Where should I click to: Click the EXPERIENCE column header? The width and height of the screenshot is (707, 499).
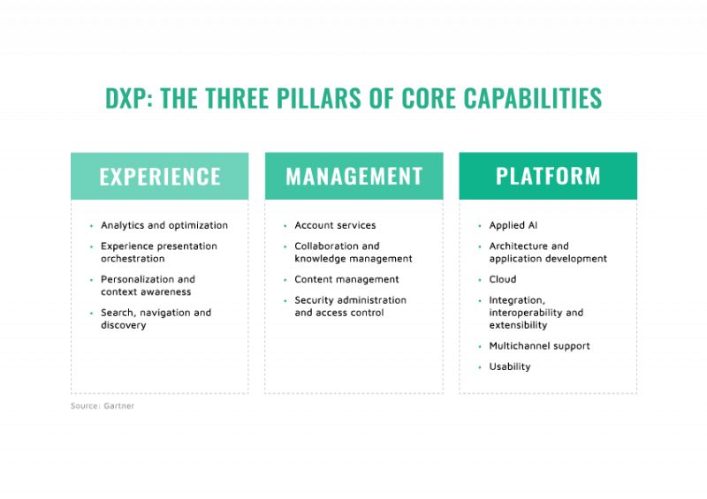tap(160, 177)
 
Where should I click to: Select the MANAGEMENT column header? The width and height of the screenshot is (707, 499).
tap(354, 176)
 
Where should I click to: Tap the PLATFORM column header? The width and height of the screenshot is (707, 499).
tap(548, 176)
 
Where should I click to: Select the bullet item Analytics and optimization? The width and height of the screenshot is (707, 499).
tap(164, 225)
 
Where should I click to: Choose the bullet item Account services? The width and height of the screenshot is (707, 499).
tap(335, 225)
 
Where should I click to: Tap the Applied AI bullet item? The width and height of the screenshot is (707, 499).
tap(513, 225)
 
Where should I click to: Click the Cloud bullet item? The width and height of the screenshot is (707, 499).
tap(503, 279)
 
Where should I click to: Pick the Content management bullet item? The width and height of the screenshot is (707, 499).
tap(346, 279)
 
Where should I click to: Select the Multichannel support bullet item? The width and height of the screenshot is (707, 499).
tap(539, 345)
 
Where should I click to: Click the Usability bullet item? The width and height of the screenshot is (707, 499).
tap(510, 367)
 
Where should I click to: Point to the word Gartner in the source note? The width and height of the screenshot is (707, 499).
tap(118, 405)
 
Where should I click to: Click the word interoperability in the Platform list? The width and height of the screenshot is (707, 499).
tap(526, 313)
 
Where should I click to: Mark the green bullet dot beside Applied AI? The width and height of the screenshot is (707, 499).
tap(480, 225)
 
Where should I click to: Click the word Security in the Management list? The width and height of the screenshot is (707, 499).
tap(315, 299)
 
